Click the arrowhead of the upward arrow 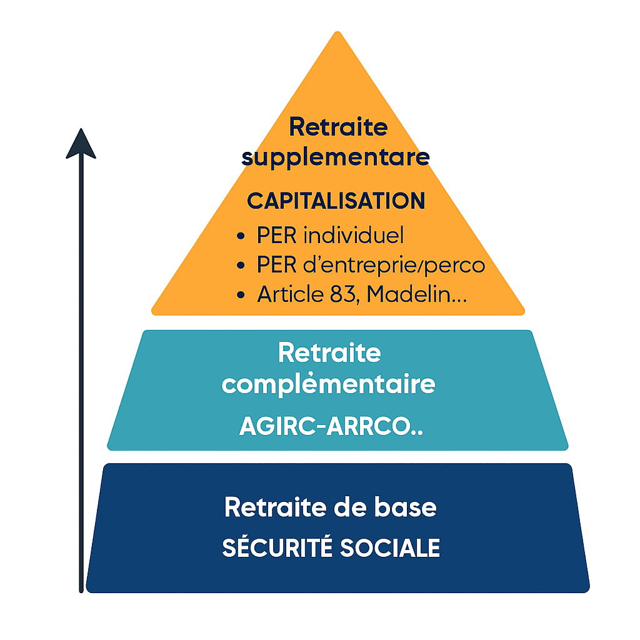click(x=81, y=144)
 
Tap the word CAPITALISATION click(x=336, y=201)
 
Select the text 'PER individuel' click(x=330, y=236)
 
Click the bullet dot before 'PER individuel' click(x=241, y=237)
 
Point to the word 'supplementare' click(x=336, y=157)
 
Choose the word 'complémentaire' click(x=329, y=383)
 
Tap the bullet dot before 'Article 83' click(x=241, y=296)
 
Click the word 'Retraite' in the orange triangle click(x=338, y=127)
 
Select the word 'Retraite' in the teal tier click(x=329, y=352)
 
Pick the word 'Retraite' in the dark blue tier click(x=272, y=506)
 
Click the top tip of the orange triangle click(x=338, y=34)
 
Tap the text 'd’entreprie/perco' click(x=397, y=265)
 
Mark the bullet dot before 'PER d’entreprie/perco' click(x=241, y=266)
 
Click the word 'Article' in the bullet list click(x=288, y=294)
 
